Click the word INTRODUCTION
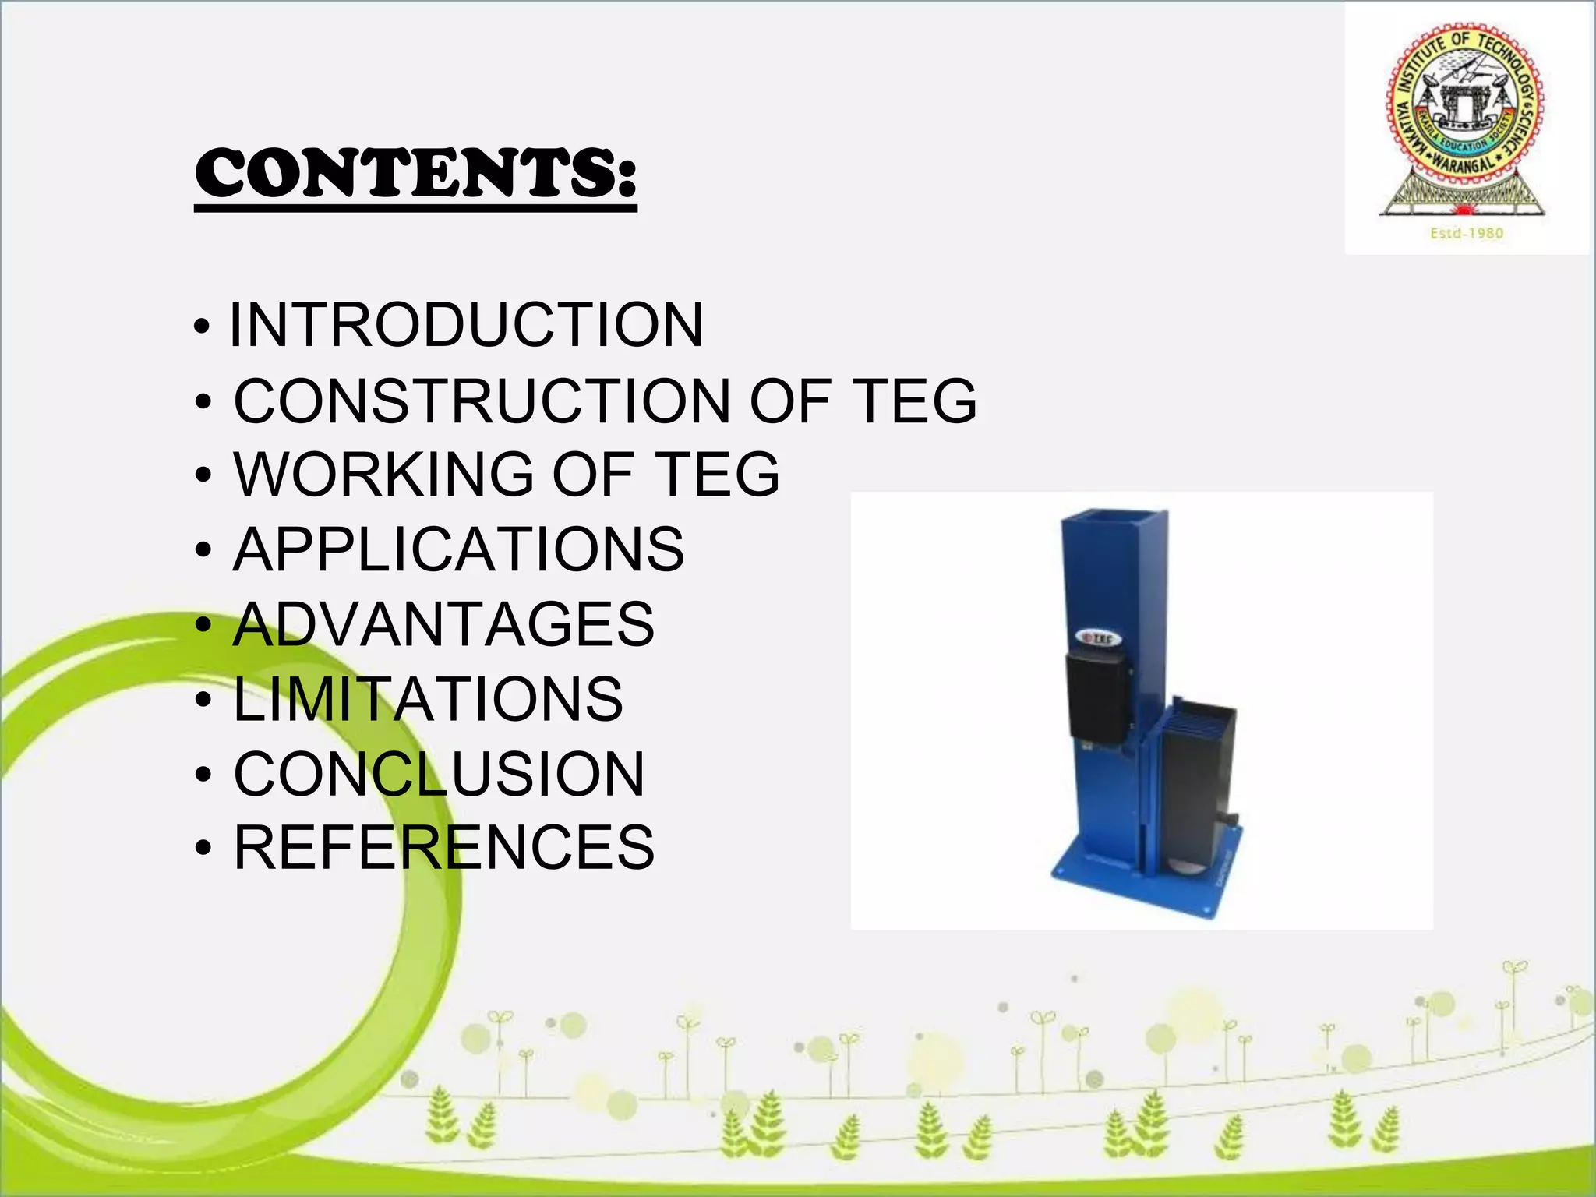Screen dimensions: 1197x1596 (466, 325)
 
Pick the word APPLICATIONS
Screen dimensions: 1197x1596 (458, 549)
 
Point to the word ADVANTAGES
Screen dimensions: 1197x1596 (443, 624)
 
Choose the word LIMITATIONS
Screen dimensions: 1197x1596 (428, 699)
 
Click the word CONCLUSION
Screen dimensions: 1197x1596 (439, 774)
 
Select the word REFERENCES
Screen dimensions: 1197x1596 (444, 848)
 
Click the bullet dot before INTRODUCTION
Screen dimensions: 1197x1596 (202, 327)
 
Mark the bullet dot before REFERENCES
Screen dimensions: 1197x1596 (203, 849)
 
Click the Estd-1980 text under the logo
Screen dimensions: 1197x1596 (1466, 233)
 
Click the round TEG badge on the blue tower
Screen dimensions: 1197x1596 (1100, 639)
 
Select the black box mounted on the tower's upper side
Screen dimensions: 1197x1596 (1097, 695)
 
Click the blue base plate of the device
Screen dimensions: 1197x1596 (1146, 885)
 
